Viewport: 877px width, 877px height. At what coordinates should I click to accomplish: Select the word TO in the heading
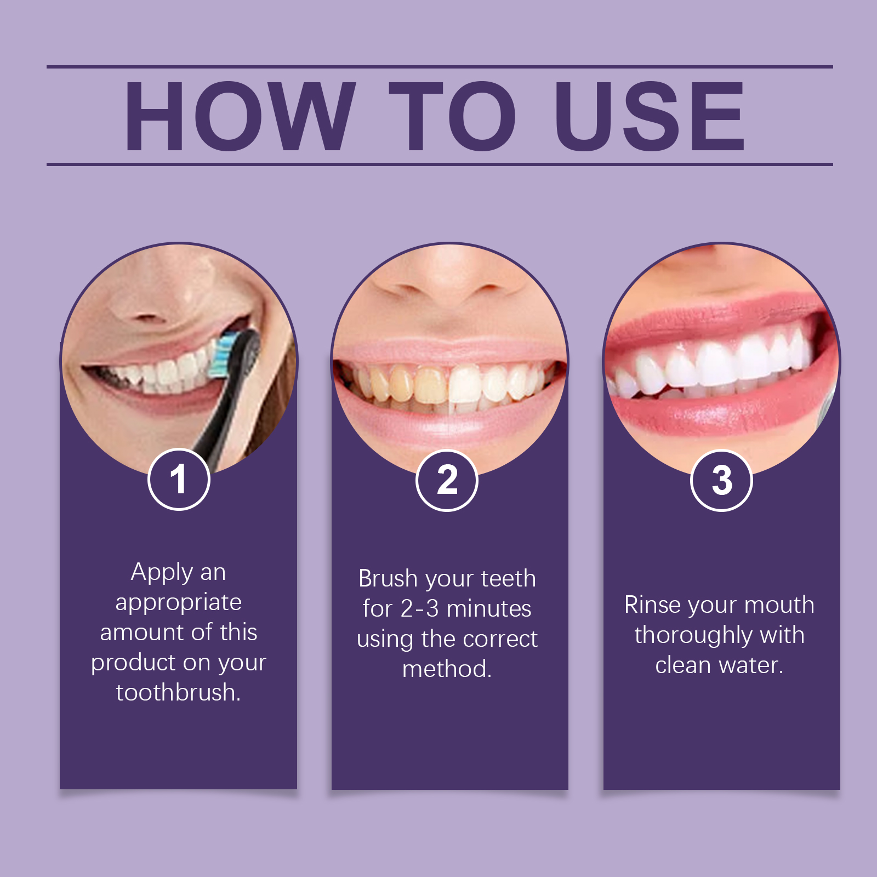click(453, 116)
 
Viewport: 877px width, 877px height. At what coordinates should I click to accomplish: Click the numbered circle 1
click(179, 480)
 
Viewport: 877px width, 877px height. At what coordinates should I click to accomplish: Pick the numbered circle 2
click(447, 481)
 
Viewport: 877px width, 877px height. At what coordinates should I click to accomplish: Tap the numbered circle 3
click(721, 481)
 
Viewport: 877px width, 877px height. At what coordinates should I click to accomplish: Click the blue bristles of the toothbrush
click(220, 356)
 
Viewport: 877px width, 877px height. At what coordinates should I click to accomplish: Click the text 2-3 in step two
click(419, 608)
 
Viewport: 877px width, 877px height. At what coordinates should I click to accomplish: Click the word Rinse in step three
click(652, 605)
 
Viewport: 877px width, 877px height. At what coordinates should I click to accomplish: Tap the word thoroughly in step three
click(693, 635)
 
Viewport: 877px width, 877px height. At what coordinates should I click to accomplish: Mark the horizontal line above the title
click(440, 67)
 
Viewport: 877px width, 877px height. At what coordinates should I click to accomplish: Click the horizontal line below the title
click(440, 164)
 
